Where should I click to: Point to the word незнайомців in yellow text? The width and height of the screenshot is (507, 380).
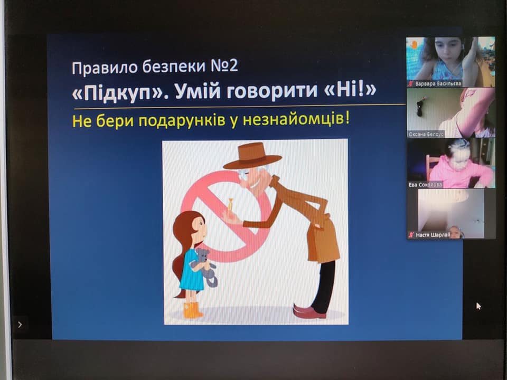[296, 120]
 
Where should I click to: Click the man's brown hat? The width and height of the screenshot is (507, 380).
[252, 156]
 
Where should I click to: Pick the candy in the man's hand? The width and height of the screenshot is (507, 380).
[230, 205]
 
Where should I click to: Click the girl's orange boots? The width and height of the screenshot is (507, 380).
[193, 310]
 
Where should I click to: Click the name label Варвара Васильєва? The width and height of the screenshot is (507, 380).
[438, 84]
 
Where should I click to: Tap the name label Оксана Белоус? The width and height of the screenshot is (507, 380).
[426, 134]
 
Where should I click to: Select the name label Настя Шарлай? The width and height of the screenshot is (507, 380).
[433, 235]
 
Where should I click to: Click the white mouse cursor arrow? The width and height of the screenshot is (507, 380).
[478, 306]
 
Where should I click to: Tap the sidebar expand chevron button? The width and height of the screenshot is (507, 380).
[20, 325]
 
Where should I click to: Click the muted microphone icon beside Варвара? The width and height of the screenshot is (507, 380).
[411, 84]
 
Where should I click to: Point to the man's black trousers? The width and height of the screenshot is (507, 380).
[324, 286]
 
